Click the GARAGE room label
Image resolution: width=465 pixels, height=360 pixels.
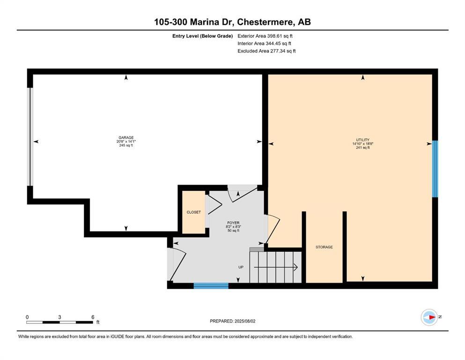click(126, 138)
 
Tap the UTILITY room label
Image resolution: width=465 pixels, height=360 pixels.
click(362, 140)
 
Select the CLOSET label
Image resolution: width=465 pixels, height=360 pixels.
click(193, 212)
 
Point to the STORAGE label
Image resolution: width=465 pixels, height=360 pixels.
click(324, 247)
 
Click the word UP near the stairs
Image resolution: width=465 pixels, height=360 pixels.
click(241, 267)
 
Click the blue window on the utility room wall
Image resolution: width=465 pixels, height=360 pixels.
click(435, 169)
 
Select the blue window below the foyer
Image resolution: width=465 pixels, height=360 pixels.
click(211, 285)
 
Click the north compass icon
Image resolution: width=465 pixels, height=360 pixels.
click(429, 317)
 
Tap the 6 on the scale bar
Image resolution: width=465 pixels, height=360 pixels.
click(93, 317)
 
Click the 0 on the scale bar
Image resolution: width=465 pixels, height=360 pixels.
click(27, 317)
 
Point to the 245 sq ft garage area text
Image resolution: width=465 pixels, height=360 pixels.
click(126, 146)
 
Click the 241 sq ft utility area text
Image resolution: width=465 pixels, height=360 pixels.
click(362, 148)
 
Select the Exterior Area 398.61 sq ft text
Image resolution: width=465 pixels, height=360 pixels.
click(266, 36)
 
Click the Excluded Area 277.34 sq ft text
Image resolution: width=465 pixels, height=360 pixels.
click(266, 51)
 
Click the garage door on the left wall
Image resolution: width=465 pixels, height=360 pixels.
click(30, 136)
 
